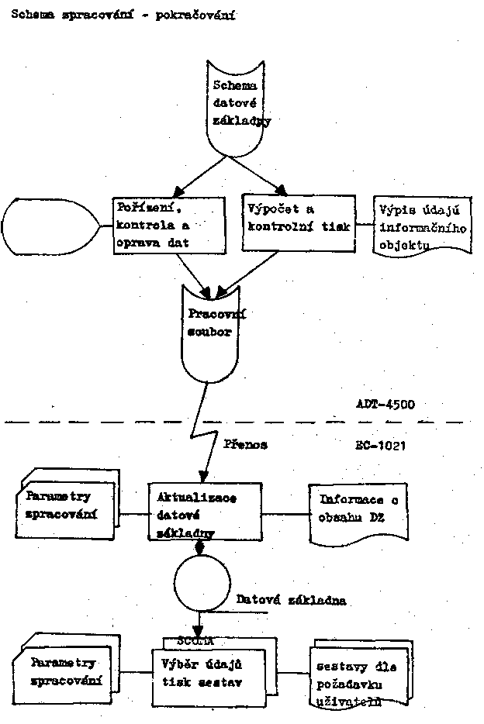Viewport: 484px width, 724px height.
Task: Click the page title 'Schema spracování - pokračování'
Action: pos(122,15)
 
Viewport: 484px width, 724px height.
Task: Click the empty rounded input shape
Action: pos(50,224)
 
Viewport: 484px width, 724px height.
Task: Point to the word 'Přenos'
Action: pos(245,445)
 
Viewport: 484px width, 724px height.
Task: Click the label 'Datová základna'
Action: pos(291,600)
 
